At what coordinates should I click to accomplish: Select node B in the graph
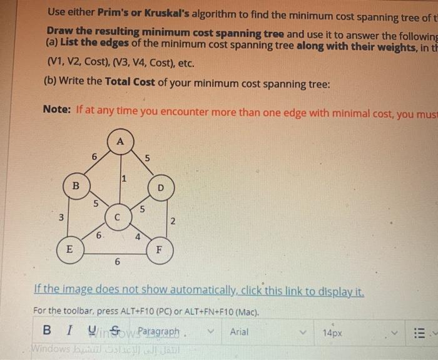(x=75, y=186)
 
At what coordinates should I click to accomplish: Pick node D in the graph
(x=160, y=187)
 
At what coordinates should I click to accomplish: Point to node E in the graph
(x=69, y=249)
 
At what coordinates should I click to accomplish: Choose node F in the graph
(x=160, y=249)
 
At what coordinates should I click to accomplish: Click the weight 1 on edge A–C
(x=124, y=178)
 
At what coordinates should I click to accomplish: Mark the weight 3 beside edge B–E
(x=61, y=218)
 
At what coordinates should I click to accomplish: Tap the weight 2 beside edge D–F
(x=173, y=221)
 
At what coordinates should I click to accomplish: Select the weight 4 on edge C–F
(x=138, y=236)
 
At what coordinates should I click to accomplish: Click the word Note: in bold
(x=57, y=109)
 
